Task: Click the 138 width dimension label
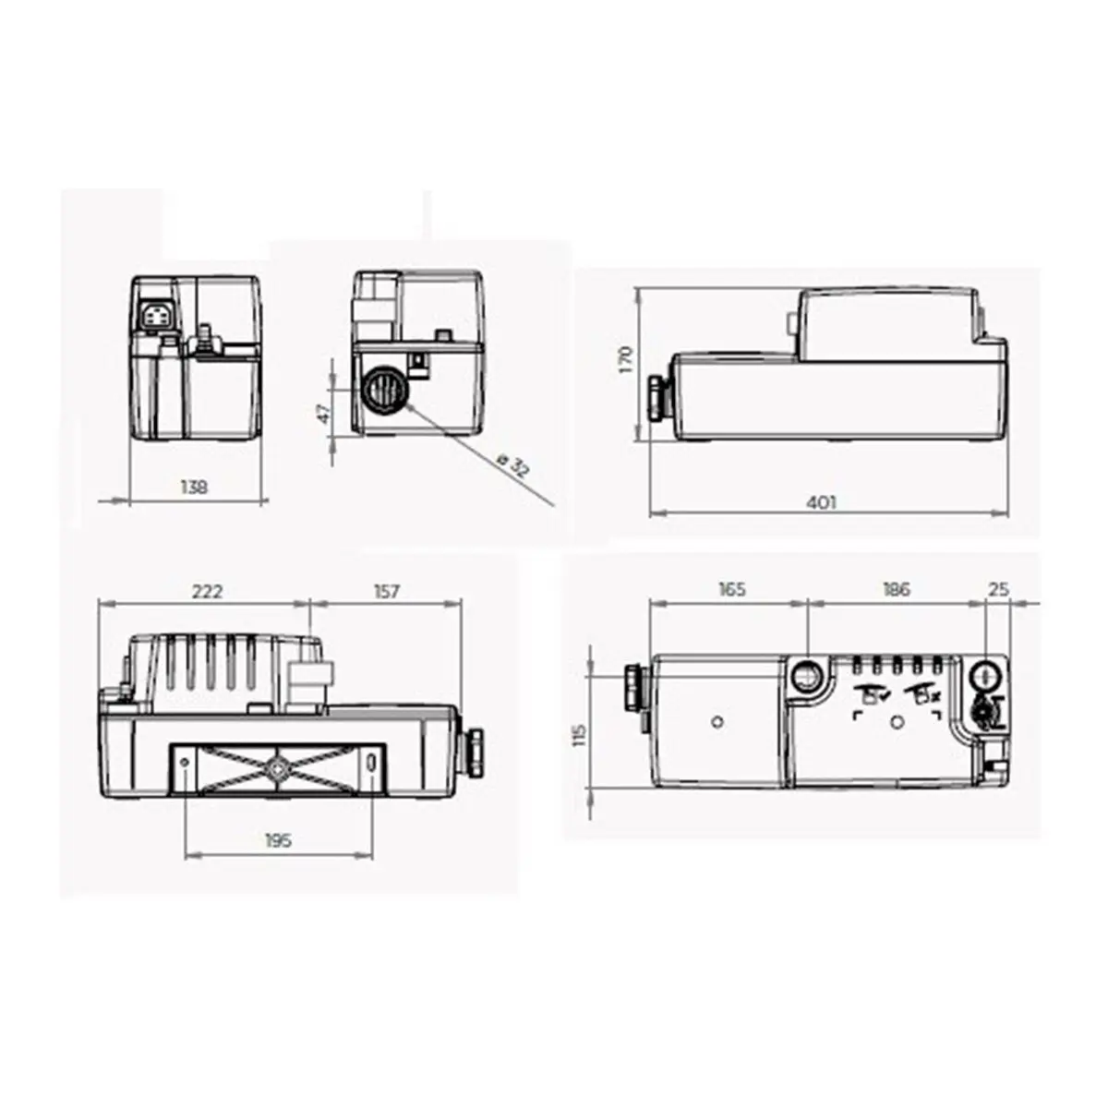click(x=195, y=488)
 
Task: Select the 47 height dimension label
click(x=323, y=413)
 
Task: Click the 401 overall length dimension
click(x=820, y=502)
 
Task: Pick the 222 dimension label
click(x=207, y=592)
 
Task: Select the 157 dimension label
click(x=386, y=592)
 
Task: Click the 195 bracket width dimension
click(x=278, y=840)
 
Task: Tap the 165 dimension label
click(x=730, y=590)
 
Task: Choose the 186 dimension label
click(x=895, y=590)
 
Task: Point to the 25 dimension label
click(x=998, y=590)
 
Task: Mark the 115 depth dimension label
click(x=580, y=735)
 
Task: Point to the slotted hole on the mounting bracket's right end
click(x=371, y=765)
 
